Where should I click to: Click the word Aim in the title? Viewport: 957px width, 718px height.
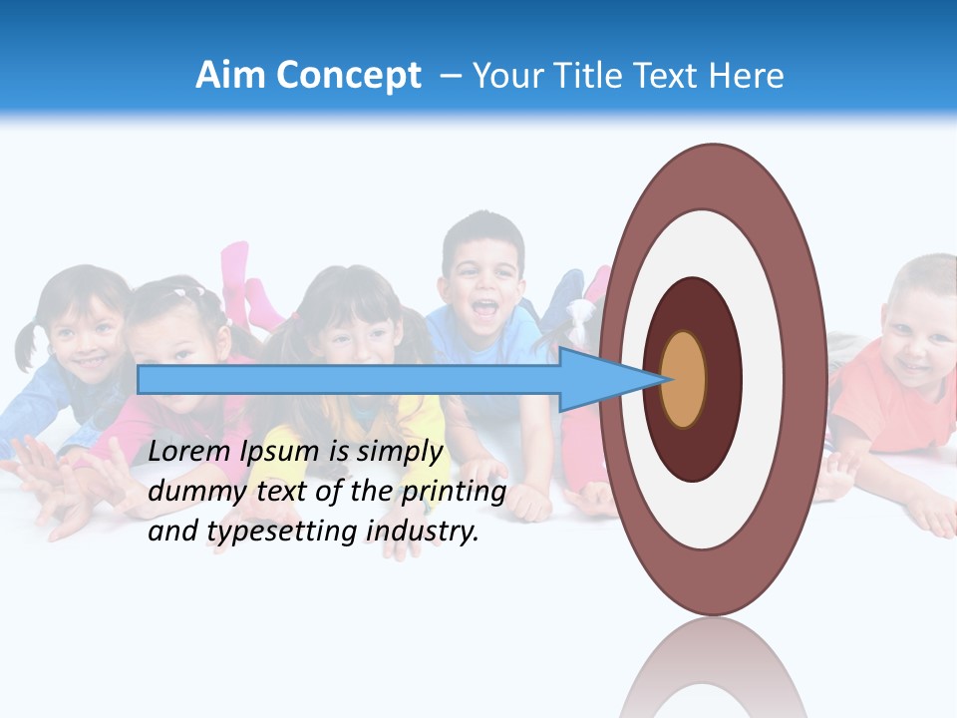tap(231, 76)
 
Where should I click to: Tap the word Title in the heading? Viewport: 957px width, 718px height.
tap(588, 76)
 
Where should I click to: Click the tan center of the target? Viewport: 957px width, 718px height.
tap(684, 379)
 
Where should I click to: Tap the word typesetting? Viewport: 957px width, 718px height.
tap(269, 532)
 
